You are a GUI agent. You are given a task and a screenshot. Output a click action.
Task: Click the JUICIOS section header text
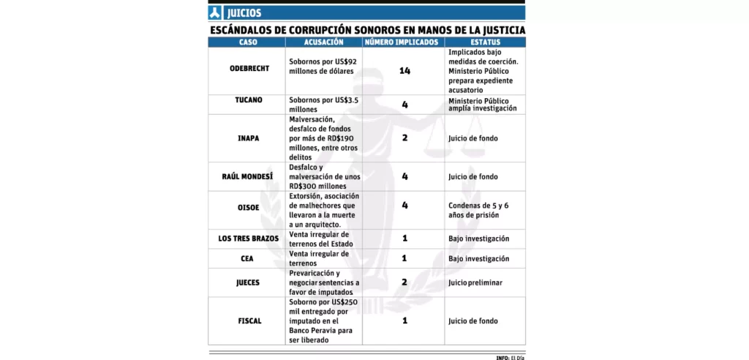pos(244,13)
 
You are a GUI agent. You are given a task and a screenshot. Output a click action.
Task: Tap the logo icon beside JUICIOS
pos(215,13)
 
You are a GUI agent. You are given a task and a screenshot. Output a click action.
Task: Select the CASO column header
pos(248,42)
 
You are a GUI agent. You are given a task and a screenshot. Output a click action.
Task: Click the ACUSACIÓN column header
pos(324,42)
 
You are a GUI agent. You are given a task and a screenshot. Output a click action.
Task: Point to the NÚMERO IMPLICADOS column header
pos(404,42)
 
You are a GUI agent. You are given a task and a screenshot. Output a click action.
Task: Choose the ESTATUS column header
pos(485,42)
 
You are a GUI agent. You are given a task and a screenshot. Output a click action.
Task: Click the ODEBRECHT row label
pos(249,69)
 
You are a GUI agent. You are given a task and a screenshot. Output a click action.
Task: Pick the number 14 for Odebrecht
pos(404,70)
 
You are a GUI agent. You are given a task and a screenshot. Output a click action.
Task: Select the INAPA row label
pos(249,137)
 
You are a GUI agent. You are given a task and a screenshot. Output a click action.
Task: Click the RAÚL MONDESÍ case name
pos(249,176)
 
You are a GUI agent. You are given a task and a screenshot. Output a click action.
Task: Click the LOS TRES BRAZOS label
pos(249,239)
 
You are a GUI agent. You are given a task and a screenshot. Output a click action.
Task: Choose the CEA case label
pos(249,258)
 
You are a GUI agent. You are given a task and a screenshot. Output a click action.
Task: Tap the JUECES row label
pos(249,282)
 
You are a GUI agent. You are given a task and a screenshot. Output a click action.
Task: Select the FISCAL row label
pos(249,320)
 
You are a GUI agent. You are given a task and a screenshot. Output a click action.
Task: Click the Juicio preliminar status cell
pos(474,282)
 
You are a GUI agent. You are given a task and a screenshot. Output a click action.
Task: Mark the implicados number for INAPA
pos(404,137)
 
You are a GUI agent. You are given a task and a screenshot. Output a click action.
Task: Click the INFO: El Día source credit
pos(511,357)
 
